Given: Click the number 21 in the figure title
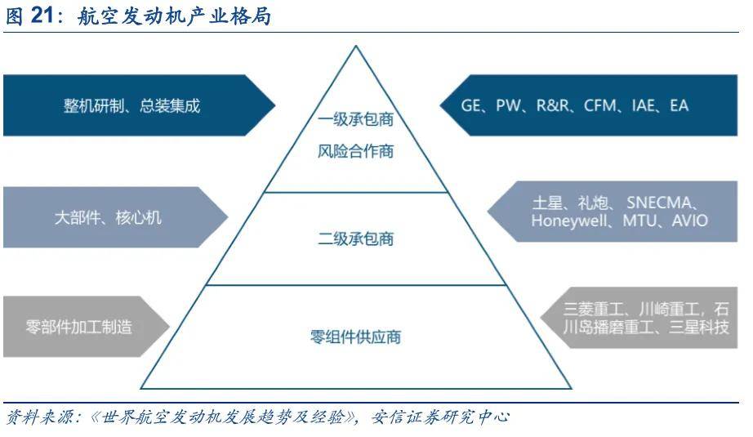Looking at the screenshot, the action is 42,16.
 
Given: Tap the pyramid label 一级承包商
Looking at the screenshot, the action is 356,119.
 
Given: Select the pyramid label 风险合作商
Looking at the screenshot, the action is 356,151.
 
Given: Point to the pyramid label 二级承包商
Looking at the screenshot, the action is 356,239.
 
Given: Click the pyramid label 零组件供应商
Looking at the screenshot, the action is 356,337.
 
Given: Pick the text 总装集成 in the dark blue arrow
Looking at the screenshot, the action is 170,105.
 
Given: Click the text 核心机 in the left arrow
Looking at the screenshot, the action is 139,217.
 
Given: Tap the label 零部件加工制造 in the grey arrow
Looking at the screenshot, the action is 79,327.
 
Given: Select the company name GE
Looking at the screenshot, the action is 470,105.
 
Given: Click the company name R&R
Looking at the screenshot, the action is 552,105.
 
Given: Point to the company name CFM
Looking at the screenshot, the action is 600,105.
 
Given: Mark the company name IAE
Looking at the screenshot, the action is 643,105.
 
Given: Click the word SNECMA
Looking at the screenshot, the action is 659,203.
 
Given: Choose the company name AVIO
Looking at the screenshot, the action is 690,221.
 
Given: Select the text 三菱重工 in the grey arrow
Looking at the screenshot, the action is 594,308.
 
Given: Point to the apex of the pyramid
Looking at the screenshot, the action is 356,46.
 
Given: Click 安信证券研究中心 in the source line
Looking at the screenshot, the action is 440,417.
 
